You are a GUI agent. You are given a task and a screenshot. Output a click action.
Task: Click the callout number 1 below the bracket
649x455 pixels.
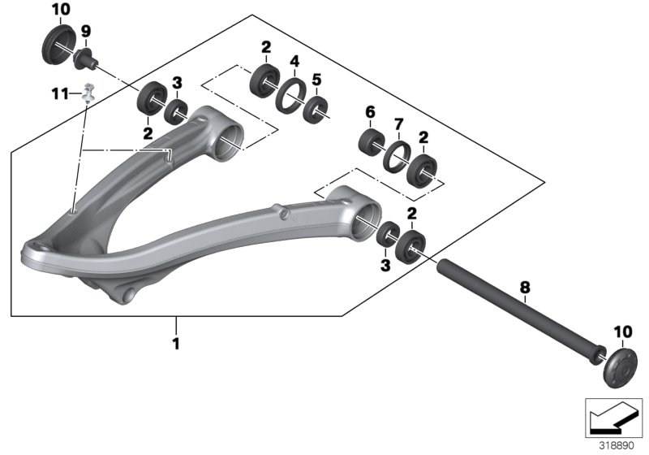click(175, 344)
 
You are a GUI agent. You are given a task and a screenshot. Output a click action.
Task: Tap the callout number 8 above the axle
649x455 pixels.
click(524, 287)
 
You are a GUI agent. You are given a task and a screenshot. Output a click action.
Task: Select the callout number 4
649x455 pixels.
click(295, 61)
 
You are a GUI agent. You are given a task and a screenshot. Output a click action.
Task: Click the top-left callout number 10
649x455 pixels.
click(61, 10)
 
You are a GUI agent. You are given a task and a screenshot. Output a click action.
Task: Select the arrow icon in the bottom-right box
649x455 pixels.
click(613, 417)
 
